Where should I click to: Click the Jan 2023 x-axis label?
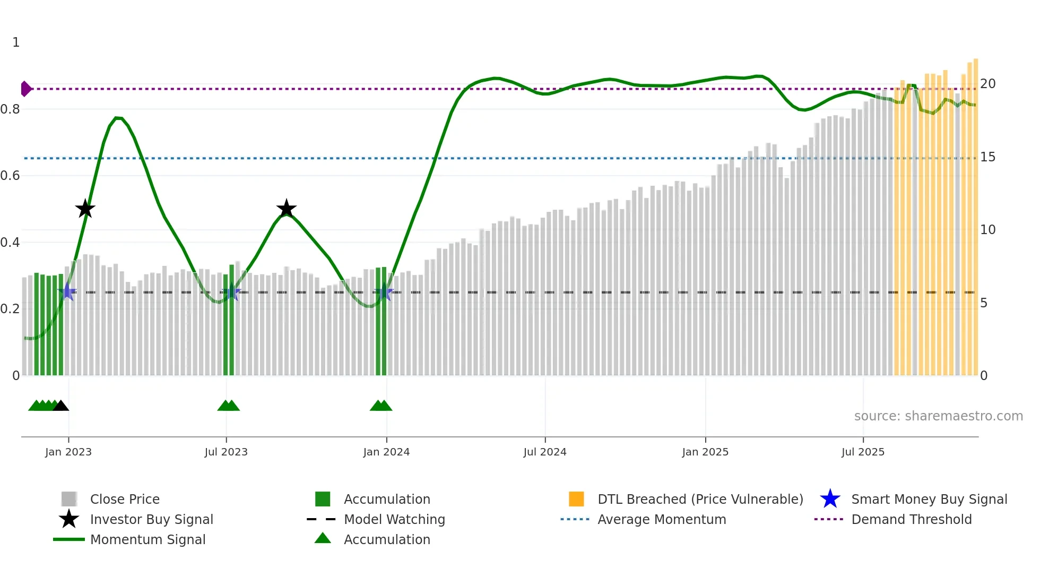[68, 452]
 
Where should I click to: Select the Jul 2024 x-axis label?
[545, 452]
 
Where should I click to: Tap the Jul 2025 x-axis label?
[863, 452]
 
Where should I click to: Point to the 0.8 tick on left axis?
[10, 109]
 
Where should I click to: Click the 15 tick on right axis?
[987, 157]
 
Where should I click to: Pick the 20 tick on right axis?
[987, 84]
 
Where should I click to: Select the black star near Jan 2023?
[85, 209]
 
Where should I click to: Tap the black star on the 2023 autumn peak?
[287, 209]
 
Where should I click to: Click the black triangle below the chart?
[61, 406]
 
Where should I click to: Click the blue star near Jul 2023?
[231, 292]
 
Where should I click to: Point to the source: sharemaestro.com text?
[938, 416]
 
